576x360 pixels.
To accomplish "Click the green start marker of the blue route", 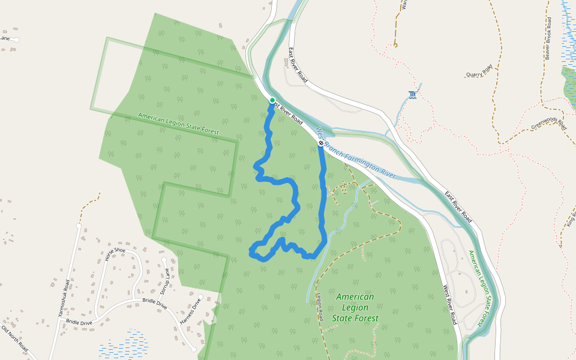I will click(272, 100).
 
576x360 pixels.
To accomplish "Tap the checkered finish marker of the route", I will click(321, 143).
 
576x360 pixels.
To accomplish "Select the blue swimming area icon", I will click(412, 95).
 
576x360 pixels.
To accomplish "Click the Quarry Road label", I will click(479, 71).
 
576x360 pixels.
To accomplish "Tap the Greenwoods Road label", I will click(549, 123).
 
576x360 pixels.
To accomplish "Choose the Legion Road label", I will click(320, 307).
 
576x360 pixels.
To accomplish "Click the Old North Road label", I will click(14, 338).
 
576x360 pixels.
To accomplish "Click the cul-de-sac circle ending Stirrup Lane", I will click(164, 260).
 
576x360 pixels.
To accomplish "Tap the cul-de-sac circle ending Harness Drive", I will click(194, 349).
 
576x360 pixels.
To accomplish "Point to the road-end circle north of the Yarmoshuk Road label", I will click(79, 226).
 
